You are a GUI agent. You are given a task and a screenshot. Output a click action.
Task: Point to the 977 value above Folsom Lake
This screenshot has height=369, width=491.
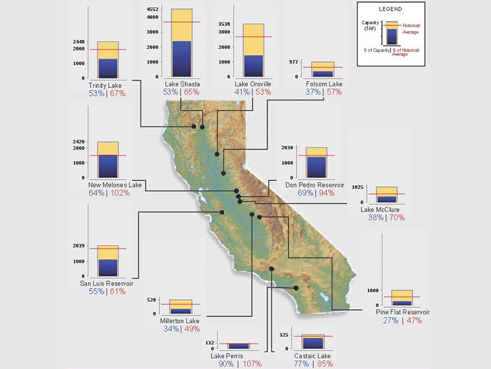point(294,62)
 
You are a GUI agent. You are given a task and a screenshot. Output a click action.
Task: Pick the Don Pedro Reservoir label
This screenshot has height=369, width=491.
point(314,185)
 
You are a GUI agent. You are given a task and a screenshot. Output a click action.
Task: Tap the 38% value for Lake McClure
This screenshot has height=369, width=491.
point(376,218)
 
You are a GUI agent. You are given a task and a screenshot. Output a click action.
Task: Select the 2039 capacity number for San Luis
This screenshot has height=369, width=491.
point(79,246)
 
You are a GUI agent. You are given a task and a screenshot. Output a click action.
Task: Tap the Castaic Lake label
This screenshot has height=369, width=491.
point(313,355)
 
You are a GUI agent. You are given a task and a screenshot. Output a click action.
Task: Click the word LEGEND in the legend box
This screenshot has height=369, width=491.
point(391,10)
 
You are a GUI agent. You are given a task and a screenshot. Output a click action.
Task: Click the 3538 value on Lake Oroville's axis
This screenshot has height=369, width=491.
point(224,24)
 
